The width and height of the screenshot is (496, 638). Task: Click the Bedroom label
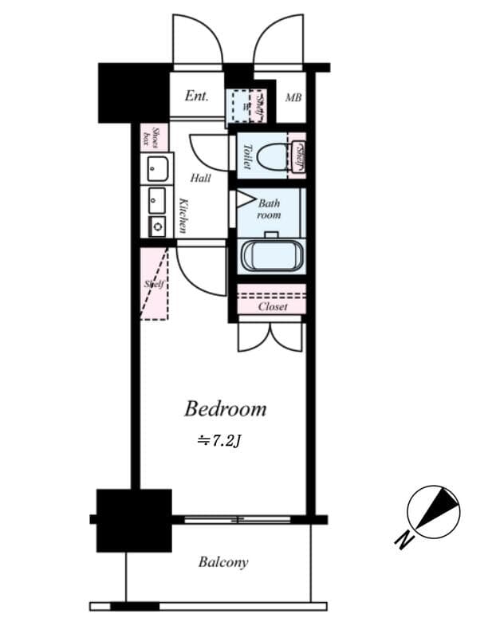click(225, 410)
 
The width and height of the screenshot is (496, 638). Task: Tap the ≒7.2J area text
click(219, 439)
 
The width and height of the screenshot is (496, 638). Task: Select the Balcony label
click(222, 562)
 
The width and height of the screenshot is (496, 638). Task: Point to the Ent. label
click(196, 96)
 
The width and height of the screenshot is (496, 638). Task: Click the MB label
click(293, 98)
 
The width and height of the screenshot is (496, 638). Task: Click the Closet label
click(273, 306)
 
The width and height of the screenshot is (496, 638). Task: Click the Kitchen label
click(183, 215)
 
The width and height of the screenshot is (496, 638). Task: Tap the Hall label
click(200, 178)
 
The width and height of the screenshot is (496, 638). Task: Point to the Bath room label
click(269, 209)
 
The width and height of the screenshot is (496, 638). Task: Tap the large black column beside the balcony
click(134, 520)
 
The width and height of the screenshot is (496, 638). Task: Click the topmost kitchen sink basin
click(157, 169)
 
